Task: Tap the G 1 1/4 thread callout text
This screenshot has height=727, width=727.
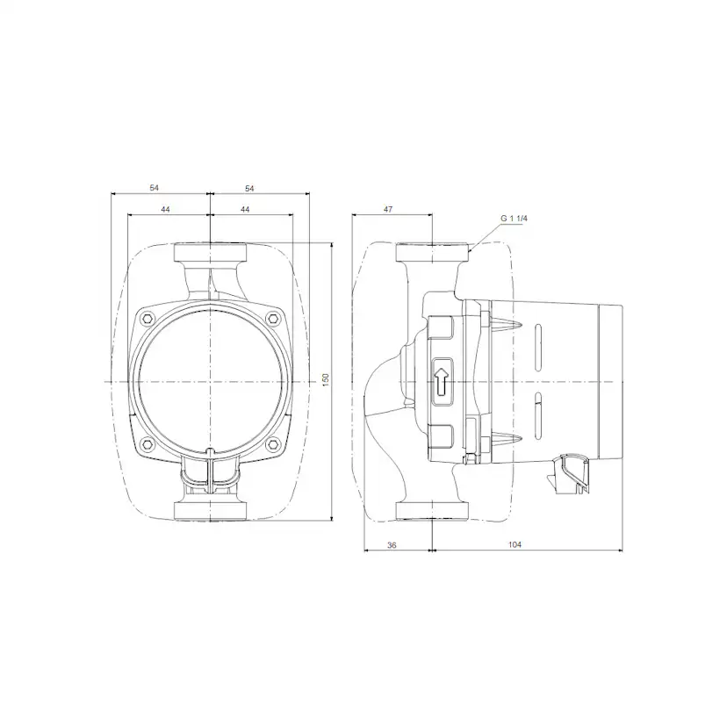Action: click(515, 218)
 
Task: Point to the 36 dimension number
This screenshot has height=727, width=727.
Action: click(392, 545)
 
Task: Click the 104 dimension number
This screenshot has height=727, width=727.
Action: click(515, 545)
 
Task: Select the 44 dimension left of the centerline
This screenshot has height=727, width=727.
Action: click(166, 210)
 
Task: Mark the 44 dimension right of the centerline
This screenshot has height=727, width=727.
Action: click(245, 210)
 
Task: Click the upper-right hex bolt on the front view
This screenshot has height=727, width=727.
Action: click(273, 318)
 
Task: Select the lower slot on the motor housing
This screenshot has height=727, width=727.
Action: click(538, 415)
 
